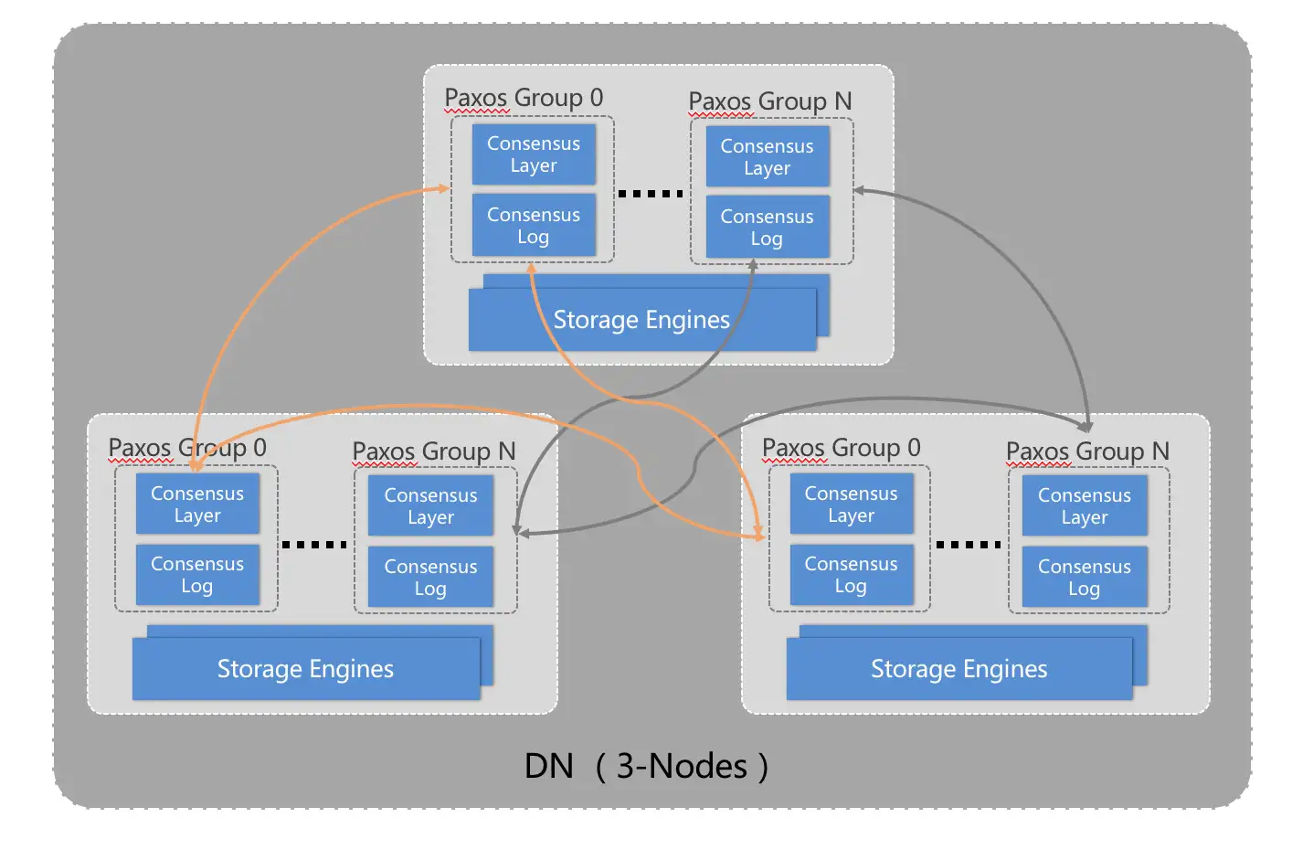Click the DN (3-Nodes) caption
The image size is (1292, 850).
tap(646, 766)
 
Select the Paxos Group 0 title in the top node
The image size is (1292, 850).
tap(524, 98)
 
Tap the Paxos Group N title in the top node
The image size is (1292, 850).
tap(769, 101)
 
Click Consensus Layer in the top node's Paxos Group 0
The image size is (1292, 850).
tap(534, 154)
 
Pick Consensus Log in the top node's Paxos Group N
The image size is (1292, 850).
tap(767, 228)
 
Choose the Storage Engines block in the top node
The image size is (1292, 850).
tap(641, 320)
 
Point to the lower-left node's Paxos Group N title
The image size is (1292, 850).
tap(434, 452)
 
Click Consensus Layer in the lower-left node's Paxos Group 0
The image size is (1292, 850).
tap(197, 505)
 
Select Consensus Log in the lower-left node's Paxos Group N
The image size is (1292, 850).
tap(430, 578)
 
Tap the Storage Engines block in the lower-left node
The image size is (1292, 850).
tap(305, 669)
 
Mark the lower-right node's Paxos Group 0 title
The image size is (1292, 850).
tap(841, 448)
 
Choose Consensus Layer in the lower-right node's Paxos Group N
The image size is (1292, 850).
tap(1085, 506)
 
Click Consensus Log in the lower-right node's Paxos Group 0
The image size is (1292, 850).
tap(851, 575)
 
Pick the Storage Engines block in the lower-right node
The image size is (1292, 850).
tap(958, 669)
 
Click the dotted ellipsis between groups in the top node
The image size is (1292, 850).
tap(651, 194)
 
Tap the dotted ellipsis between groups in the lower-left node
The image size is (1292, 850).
tap(314, 545)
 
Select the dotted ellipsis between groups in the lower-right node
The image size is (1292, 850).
tap(969, 545)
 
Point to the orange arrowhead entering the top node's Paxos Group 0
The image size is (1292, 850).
tap(444, 189)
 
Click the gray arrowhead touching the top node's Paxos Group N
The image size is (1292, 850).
tap(860, 190)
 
